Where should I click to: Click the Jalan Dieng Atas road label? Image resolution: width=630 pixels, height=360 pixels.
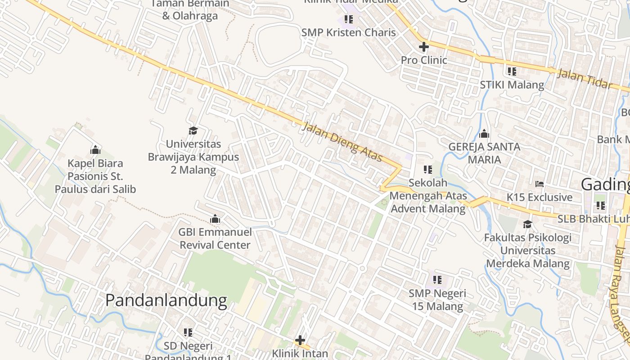point(342,142)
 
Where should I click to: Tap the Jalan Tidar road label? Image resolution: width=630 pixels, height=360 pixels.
point(585,79)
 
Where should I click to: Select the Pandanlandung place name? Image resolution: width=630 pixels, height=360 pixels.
point(166,300)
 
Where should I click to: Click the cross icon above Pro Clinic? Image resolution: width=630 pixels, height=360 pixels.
point(423,47)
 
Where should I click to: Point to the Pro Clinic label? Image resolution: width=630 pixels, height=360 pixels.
point(424,60)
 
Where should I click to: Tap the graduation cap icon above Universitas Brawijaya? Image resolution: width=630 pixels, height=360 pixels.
point(193,130)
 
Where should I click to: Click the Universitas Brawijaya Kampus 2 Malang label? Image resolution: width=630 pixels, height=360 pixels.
point(193,157)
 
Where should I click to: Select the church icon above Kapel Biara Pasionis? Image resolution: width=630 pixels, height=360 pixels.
point(95,150)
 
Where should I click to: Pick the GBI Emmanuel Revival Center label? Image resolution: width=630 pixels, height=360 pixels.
point(215,238)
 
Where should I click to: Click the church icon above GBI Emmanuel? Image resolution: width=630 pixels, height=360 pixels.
point(215,219)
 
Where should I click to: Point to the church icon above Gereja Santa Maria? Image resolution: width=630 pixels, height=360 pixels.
point(484,134)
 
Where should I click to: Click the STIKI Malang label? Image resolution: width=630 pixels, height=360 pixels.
point(512,85)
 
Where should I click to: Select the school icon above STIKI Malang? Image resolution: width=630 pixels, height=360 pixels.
point(512,71)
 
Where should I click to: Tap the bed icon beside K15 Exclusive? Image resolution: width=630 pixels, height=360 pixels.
point(540,184)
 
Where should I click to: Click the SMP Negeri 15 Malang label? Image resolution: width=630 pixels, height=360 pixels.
point(437,300)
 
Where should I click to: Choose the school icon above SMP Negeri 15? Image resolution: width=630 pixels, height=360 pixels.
point(437,280)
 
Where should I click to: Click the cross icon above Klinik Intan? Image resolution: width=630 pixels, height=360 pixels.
point(300,340)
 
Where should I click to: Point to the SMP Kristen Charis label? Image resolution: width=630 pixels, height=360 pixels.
point(349,32)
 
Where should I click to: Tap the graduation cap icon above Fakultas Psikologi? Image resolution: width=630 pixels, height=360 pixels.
point(527,224)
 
